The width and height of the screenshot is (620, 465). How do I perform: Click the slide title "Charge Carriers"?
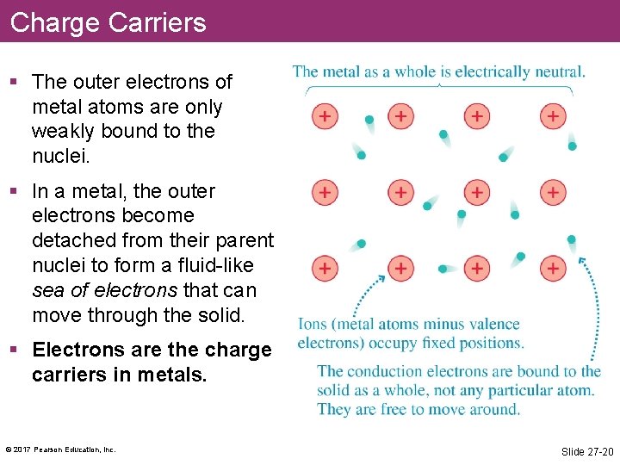point(108,22)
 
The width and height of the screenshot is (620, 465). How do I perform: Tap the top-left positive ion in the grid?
point(324,115)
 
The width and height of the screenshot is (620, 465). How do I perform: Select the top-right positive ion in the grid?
point(553,115)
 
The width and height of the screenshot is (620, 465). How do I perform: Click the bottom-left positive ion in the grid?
point(324,268)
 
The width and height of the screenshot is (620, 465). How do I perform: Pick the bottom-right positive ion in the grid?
point(553,268)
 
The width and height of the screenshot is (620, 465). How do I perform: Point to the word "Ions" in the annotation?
point(313,325)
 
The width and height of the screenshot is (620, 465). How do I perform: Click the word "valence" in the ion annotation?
point(488,325)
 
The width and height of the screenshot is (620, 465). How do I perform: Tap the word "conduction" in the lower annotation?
point(379,372)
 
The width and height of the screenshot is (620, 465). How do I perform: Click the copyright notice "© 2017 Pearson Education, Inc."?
point(60,449)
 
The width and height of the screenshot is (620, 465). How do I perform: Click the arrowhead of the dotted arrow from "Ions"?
point(382,278)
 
